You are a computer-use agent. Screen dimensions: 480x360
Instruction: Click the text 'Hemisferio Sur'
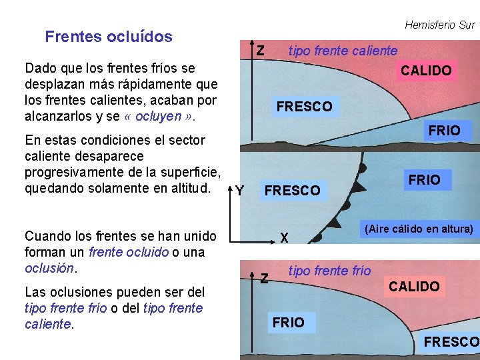pyautogui.click(x=439, y=25)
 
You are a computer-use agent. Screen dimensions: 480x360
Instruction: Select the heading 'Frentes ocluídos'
pyautogui.click(x=109, y=37)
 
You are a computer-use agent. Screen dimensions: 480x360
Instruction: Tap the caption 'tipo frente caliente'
pyautogui.click(x=342, y=51)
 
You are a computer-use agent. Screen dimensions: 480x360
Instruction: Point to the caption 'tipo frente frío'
pyautogui.click(x=329, y=270)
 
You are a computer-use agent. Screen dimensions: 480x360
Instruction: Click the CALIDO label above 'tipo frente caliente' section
pyautogui.click(x=426, y=71)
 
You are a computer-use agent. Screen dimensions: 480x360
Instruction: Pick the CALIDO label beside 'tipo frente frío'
pyautogui.click(x=414, y=287)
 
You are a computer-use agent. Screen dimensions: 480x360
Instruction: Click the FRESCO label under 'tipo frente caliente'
pyautogui.click(x=304, y=107)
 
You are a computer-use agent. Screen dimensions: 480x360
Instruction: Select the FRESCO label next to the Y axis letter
pyautogui.click(x=292, y=191)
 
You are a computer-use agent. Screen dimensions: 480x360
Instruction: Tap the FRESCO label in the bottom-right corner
pyautogui.click(x=451, y=342)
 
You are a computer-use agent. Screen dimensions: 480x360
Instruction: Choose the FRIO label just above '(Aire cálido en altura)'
pyautogui.click(x=424, y=180)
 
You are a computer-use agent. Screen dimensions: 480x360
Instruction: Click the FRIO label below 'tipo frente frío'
pyautogui.click(x=288, y=323)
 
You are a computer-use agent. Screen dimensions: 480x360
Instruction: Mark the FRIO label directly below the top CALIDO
pyautogui.click(x=444, y=131)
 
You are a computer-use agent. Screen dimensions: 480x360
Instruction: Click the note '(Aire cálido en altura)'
pyautogui.click(x=419, y=229)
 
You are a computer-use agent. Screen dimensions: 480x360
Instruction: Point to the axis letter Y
pyautogui.click(x=239, y=191)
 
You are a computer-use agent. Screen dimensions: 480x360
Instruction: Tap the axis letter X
pyautogui.click(x=284, y=237)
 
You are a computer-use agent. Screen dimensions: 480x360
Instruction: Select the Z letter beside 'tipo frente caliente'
pyautogui.click(x=261, y=51)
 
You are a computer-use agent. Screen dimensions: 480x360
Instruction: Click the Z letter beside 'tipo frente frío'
pyautogui.click(x=264, y=277)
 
